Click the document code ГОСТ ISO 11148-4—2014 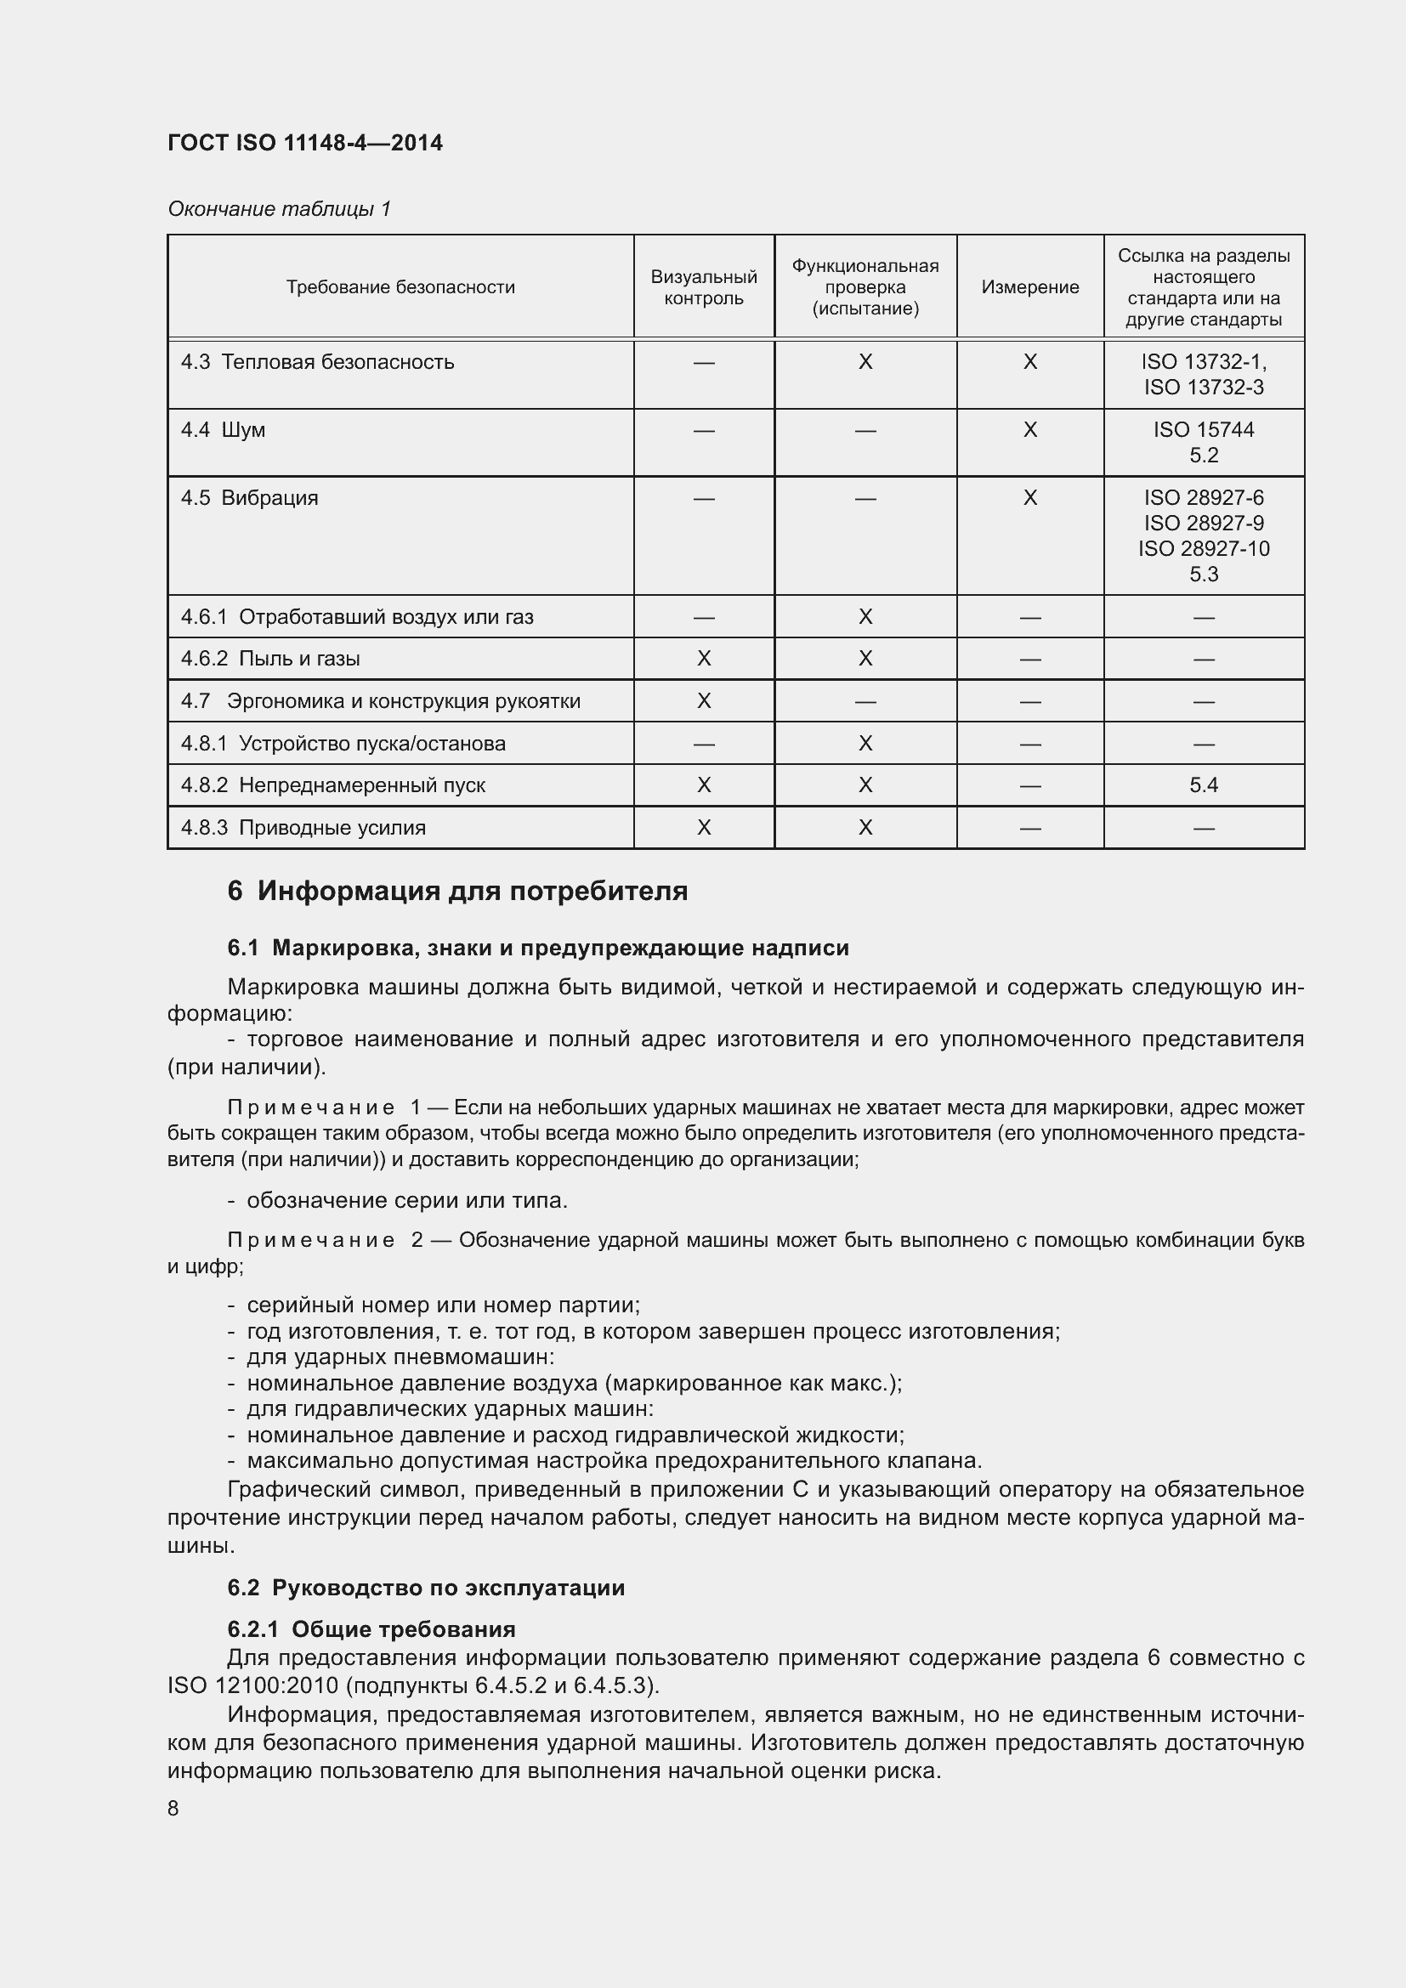coord(305,143)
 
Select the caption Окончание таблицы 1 coord(279,209)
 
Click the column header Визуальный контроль coord(703,287)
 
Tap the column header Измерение coord(1029,287)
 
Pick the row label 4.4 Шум coord(224,430)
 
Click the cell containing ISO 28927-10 coord(1204,548)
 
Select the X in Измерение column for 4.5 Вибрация coord(1029,498)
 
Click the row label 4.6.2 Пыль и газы coord(270,659)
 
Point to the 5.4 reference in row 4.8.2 coord(1204,785)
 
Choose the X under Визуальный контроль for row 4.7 coord(703,701)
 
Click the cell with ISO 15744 coord(1204,430)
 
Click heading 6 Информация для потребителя coord(457,891)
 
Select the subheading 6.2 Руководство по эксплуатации coord(426,1588)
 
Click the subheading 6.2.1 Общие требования coord(371,1629)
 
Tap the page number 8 coord(173,1809)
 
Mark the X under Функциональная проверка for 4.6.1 coord(865,617)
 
